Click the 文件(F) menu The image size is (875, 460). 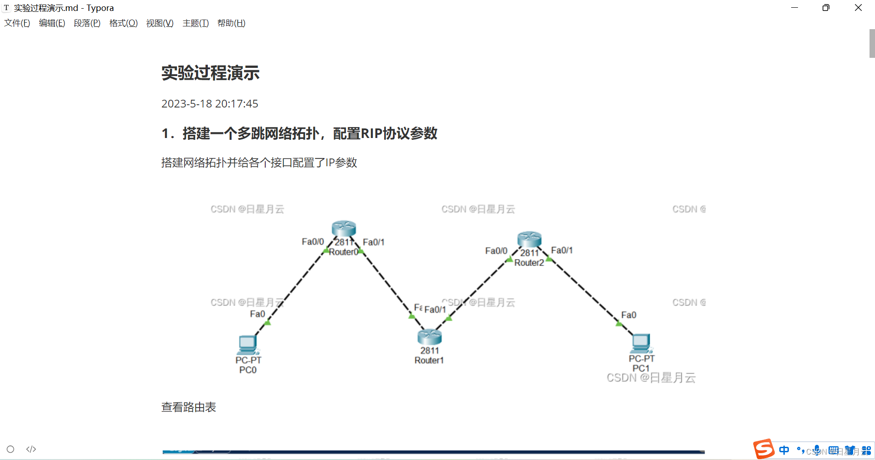(x=17, y=23)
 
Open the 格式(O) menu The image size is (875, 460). (x=123, y=23)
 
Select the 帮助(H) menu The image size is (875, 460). (x=231, y=23)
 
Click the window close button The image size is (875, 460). (x=858, y=8)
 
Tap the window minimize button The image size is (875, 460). (x=794, y=8)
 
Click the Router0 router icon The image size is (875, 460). (x=344, y=229)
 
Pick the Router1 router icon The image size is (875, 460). (x=429, y=337)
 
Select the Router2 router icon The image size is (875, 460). (x=529, y=239)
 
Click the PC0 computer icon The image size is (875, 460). (x=247, y=344)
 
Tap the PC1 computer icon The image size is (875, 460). (x=641, y=343)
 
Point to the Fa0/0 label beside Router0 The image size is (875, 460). (x=313, y=242)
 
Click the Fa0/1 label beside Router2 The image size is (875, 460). (x=561, y=250)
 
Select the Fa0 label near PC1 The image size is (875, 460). (x=628, y=315)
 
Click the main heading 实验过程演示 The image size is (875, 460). (x=210, y=73)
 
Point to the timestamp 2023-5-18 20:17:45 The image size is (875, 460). (x=210, y=104)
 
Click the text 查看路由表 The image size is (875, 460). (x=189, y=407)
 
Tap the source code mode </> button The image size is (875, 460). (x=31, y=450)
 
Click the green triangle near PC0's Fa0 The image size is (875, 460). (x=268, y=323)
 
